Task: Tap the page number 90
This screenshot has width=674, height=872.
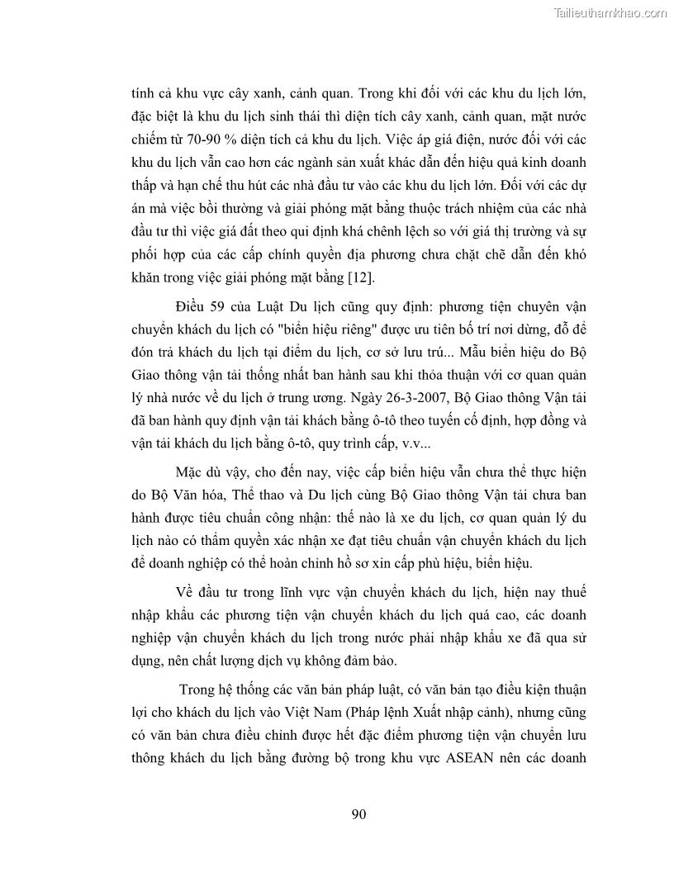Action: [358, 814]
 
